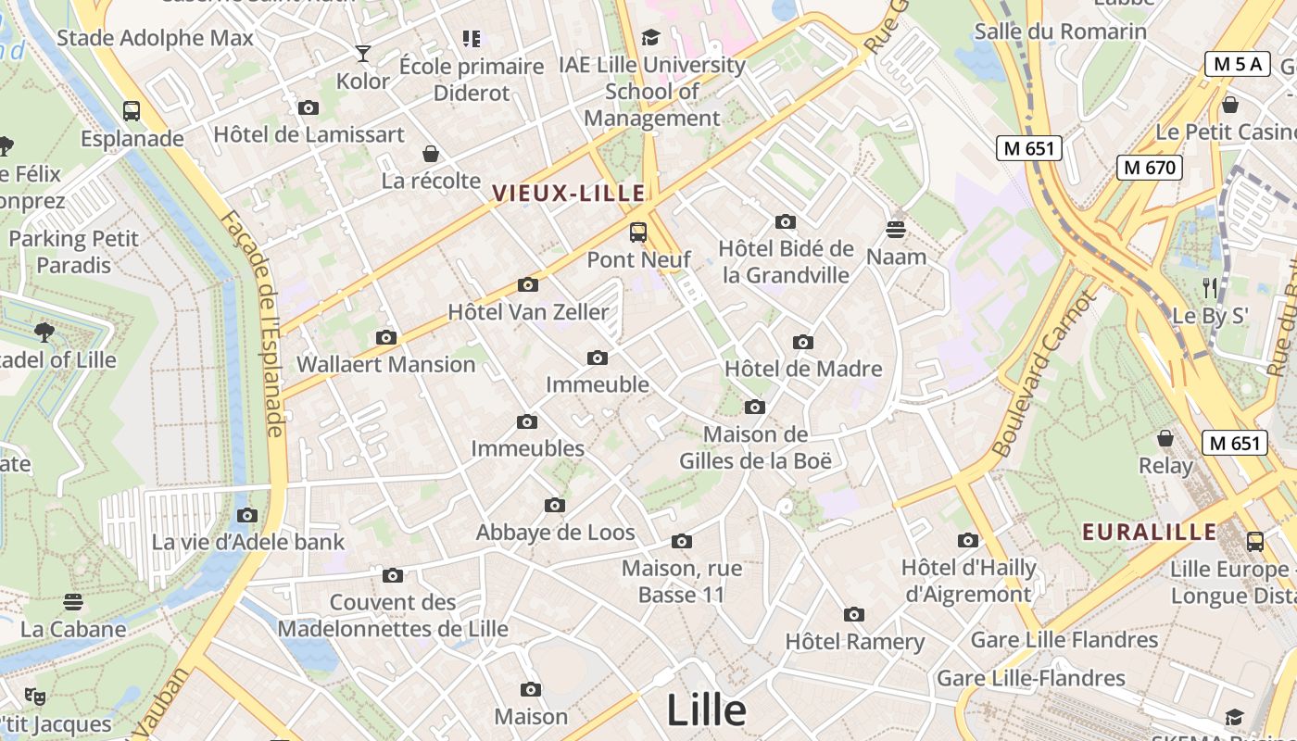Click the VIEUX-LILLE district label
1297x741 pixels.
[568, 194]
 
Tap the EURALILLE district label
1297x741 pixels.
[1150, 533]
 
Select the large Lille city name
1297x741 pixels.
[706, 710]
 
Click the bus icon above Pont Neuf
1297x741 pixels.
[638, 232]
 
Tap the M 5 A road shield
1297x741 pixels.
[1237, 64]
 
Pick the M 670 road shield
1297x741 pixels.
[1149, 168]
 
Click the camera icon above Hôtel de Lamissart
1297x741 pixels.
[309, 108]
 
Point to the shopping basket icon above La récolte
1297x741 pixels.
[430, 154]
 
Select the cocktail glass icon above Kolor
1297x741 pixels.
[363, 54]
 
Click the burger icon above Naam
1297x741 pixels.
[896, 229]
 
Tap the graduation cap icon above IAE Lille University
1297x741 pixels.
[651, 38]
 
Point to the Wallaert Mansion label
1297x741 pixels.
[385, 364]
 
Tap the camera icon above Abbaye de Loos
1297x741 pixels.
[555, 506]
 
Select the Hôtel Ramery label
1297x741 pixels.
[854, 641]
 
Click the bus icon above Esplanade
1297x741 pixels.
[132, 111]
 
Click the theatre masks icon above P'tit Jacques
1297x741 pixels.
[35, 696]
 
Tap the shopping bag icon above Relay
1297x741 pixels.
[1165, 438]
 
